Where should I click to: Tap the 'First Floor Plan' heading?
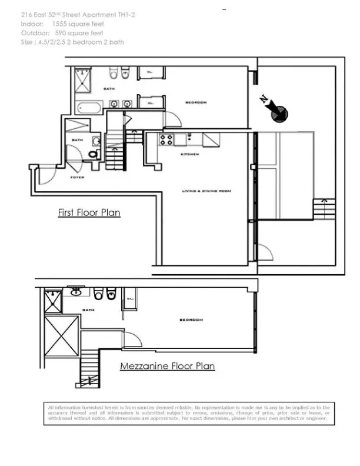[x=89, y=212]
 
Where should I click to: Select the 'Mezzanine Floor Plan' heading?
[x=167, y=366]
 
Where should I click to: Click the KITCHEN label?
[x=189, y=154]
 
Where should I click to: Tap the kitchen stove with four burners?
[x=166, y=139]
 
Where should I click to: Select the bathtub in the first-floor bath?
[x=90, y=108]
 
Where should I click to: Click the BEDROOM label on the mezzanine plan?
[x=191, y=319]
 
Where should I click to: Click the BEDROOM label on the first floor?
[x=196, y=102]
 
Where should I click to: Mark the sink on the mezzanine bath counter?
[x=76, y=291]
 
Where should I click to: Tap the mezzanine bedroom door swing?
[x=132, y=339]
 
